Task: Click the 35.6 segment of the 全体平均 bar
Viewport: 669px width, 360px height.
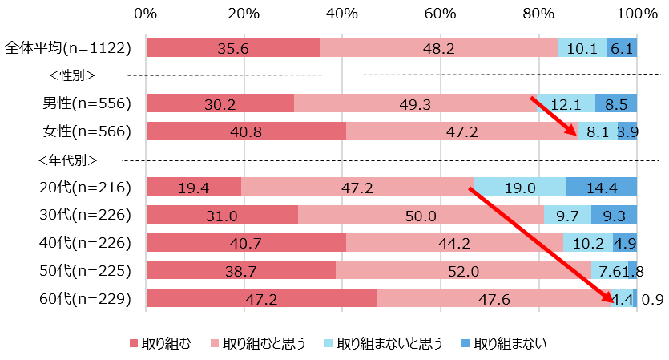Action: pos(233,47)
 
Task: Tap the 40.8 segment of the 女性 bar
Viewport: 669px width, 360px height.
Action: pos(246,131)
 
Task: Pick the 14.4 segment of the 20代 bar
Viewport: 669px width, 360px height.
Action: pos(602,187)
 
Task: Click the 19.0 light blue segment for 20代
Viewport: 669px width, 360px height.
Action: pos(520,187)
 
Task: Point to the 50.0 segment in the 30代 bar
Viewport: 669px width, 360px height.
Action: pos(421,215)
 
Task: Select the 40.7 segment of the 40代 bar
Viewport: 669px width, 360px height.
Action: pos(246,242)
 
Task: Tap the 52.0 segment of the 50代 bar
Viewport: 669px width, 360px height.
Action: pos(463,270)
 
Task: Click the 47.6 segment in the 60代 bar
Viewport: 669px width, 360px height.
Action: pos(494,298)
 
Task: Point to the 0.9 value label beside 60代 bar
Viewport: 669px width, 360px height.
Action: pos(652,299)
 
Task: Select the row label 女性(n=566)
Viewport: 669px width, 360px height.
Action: pos(87,131)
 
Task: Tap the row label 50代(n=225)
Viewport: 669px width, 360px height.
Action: pos(86,270)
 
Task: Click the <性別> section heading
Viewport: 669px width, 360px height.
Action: pos(72,75)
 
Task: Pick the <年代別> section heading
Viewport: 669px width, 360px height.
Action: pos(72,159)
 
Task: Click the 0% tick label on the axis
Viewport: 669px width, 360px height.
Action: pos(146,14)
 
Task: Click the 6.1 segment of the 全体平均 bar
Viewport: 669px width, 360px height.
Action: pos(622,47)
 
